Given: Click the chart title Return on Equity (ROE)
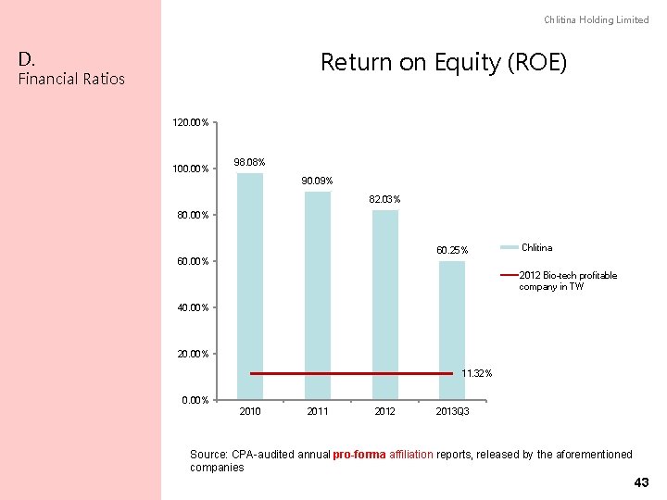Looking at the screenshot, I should coord(443,63).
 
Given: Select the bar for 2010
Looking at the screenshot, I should coord(250,286).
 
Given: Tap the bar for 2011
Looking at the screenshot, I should coord(318,295).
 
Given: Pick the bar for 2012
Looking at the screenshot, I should coord(385,305).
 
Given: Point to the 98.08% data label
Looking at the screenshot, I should coord(250,163).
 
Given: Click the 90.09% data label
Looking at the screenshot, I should coord(318,181).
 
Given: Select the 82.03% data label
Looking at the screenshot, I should coord(385,199).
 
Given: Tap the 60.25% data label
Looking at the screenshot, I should coord(453,250).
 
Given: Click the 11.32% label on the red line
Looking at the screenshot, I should coord(477,373).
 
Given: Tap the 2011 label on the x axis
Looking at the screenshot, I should coord(318,411).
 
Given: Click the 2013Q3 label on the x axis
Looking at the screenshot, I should coord(453,411).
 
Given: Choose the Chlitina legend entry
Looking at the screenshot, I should coord(536,247).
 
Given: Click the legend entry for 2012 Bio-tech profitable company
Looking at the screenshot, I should coord(567,281).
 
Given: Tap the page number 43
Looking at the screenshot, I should coord(640,483).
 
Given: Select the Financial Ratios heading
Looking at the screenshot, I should coord(71,79).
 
